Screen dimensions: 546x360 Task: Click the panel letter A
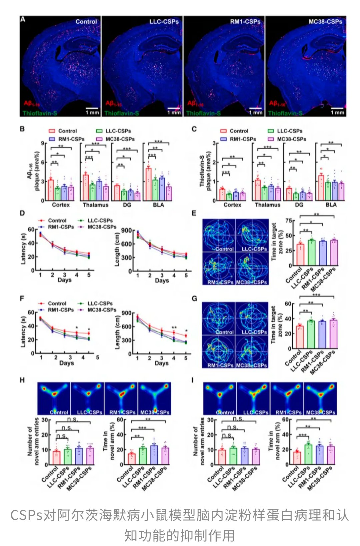(x=23, y=19)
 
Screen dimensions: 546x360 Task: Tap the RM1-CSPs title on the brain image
(x=245, y=22)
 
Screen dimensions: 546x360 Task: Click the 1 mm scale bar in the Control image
(x=92, y=108)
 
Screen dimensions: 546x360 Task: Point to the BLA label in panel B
(x=158, y=205)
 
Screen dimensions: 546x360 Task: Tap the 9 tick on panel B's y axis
(x=43, y=144)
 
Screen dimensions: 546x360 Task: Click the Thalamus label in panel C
(x=267, y=205)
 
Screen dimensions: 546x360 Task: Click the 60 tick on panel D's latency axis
(x=31, y=230)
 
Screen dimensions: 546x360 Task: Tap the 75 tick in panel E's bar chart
(x=288, y=221)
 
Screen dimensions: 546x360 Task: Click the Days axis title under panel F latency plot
(x=66, y=363)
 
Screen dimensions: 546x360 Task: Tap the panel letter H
(x=23, y=380)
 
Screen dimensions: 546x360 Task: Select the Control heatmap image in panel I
(x=220, y=398)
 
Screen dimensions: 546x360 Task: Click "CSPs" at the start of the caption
(x=26, y=515)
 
